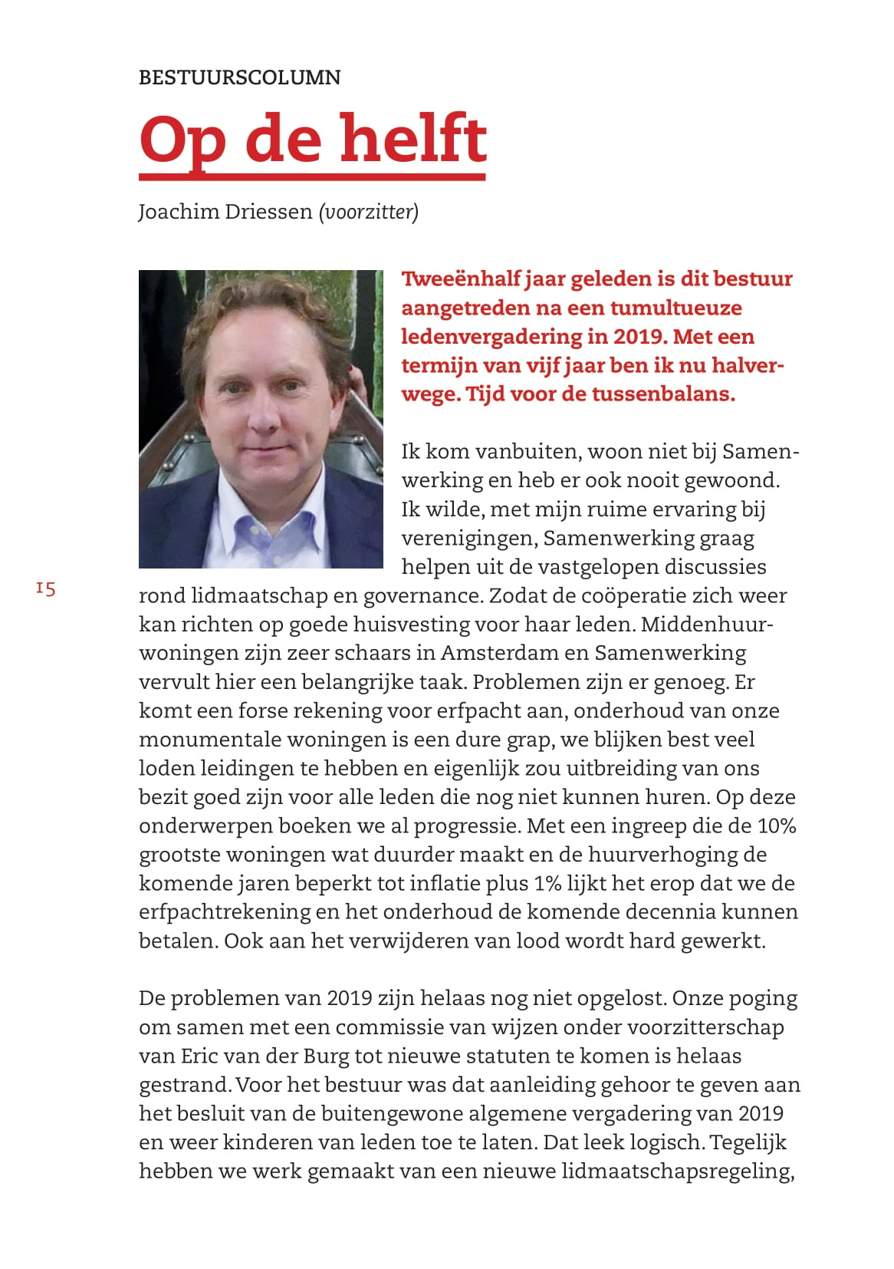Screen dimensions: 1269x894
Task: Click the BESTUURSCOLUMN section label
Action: (239, 77)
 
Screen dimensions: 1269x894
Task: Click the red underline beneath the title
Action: (312, 177)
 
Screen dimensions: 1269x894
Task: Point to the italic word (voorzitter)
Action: (369, 212)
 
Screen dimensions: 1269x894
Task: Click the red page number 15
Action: (45, 589)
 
